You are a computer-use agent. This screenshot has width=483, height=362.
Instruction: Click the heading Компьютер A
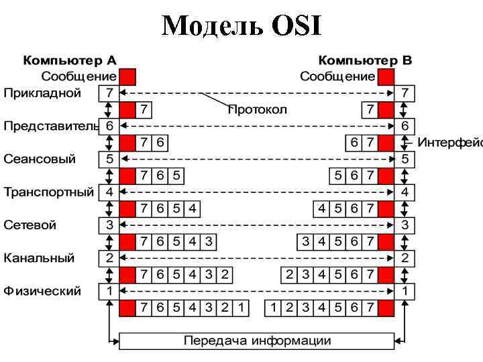pyautogui.click(x=70, y=60)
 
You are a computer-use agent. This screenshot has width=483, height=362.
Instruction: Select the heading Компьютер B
pyautogui.click(x=365, y=60)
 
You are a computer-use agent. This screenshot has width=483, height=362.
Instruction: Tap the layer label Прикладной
pyautogui.click(x=42, y=93)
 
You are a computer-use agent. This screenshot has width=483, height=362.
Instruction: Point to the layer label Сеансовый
pyautogui.click(x=40, y=159)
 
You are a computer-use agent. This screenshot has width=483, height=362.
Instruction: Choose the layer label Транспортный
pyautogui.click(x=49, y=192)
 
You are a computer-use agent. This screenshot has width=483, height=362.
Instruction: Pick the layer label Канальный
pyautogui.click(x=39, y=258)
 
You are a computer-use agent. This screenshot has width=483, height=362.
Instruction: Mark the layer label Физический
pyautogui.click(x=42, y=291)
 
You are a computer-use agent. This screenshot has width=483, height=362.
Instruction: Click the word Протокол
pyautogui.click(x=257, y=109)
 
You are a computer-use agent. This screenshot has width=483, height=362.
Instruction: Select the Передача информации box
pyautogui.click(x=257, y=341)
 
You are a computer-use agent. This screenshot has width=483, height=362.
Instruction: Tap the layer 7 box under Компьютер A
pyautogui.click(x=109, y=93)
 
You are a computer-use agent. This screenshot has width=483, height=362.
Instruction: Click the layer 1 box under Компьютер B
pyautogui.click(x=405, y=291)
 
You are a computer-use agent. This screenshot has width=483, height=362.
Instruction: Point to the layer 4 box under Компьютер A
pyautogui.click(x=109, y=192)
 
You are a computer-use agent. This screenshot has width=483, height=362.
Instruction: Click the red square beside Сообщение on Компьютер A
pyautogui.click(x=127, y=76)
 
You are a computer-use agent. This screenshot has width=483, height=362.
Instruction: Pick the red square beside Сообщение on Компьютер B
pyautogui.click(x=386, y=76)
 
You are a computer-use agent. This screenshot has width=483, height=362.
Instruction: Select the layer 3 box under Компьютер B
pyautogui.click(x=405, y=225)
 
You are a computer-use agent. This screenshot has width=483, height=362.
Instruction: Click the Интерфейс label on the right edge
pyautogui.click(x=449, y=142)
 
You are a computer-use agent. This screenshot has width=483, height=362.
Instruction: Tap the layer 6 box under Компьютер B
pyautogui.click(x=405, y=126)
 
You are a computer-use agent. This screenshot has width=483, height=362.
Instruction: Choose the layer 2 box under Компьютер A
pyautogui.click(x=109, y=258)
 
